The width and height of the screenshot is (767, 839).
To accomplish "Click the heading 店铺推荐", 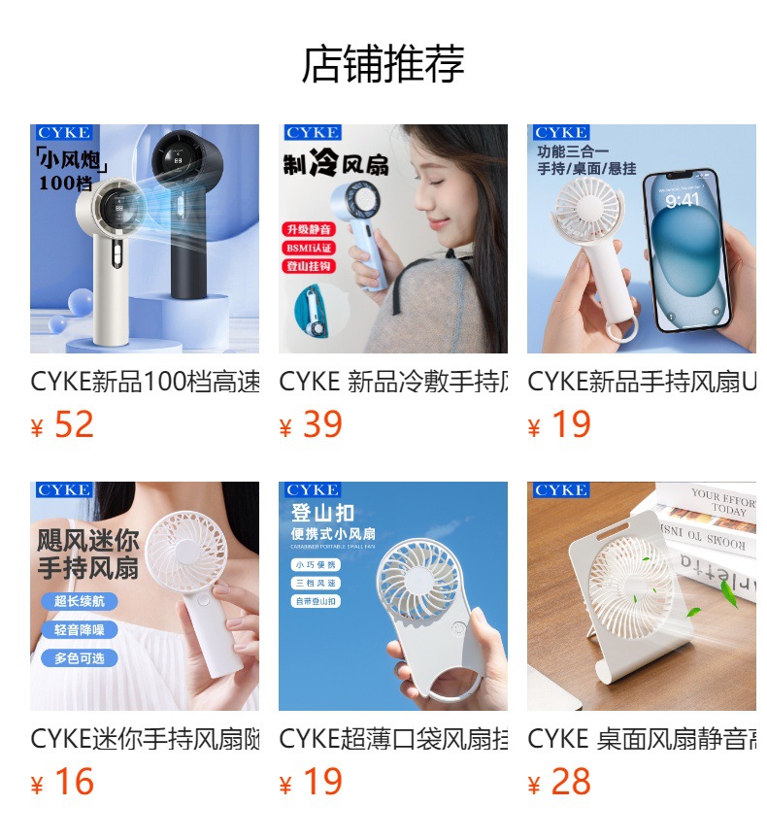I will point(383,64).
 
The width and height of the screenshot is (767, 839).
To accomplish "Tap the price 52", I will point(73,425).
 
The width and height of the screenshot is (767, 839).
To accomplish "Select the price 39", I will point(321,425).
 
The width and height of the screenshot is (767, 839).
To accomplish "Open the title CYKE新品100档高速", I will point(145,382).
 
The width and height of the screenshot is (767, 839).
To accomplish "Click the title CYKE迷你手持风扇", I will point(145,739).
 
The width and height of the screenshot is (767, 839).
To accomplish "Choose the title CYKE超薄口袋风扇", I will point(393,739).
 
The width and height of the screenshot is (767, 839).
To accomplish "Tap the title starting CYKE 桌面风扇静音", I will point(642,739).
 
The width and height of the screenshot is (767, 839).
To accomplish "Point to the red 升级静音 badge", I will point(309,230).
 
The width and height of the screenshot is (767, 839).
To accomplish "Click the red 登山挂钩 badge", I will point(309,266).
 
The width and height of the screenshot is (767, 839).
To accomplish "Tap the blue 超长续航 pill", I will point(80,601).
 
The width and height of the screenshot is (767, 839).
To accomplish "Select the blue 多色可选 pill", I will point(80,658).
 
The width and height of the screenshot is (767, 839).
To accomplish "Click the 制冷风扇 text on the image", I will point(335,164).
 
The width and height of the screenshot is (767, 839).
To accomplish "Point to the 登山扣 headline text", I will point(322,513).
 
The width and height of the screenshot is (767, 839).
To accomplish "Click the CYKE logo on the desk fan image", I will point(560,490).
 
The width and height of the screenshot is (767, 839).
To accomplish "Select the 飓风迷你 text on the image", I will point(88,540).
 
